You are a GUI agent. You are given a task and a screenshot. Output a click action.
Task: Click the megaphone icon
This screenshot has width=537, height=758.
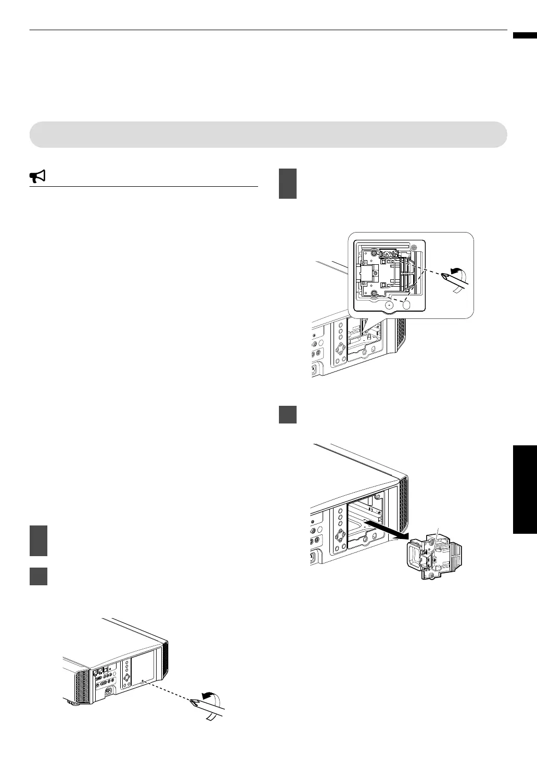click(x=37, y=177)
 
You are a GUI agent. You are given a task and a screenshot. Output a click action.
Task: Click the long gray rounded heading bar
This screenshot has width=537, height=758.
click(x=268, y=135)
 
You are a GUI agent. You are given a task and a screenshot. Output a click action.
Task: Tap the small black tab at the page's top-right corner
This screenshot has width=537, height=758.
click(x=525, y=36)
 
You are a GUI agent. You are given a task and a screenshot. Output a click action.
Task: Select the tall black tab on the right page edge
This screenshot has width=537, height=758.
click(x=525, y=489)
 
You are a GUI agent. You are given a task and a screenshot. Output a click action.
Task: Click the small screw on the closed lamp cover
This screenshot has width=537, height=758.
click(x=143, y=680)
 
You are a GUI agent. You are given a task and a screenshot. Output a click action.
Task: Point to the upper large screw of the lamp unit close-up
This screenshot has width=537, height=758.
click(x=374, y=253)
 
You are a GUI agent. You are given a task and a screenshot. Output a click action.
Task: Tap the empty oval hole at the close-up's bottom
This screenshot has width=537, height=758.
click(x=407, y=304)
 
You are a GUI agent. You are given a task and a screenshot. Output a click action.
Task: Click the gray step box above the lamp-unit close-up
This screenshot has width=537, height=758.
click(x=288, y=183)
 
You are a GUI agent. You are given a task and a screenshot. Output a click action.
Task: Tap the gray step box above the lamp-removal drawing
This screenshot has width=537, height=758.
click(x=288, y=414)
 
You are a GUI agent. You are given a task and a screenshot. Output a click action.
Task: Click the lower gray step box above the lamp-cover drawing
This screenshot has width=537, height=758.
click(x=39, y=576)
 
